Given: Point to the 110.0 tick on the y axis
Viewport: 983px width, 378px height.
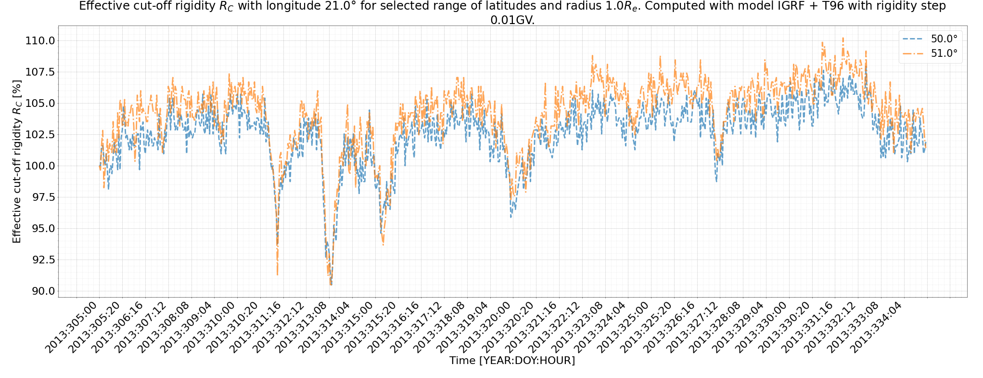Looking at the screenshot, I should [40, 40].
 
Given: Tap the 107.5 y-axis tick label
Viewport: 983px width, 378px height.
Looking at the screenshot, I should [40, 72].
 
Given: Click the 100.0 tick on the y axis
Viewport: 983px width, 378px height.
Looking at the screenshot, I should [40, 166].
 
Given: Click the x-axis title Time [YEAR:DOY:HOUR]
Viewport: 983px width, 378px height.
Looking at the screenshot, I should [512, 361].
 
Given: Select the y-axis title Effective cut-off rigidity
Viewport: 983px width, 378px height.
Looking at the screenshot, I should [17, 161].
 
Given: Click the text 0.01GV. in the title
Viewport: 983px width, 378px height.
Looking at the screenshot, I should [512, 20].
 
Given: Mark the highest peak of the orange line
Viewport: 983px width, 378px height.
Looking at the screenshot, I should [843, 38].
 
